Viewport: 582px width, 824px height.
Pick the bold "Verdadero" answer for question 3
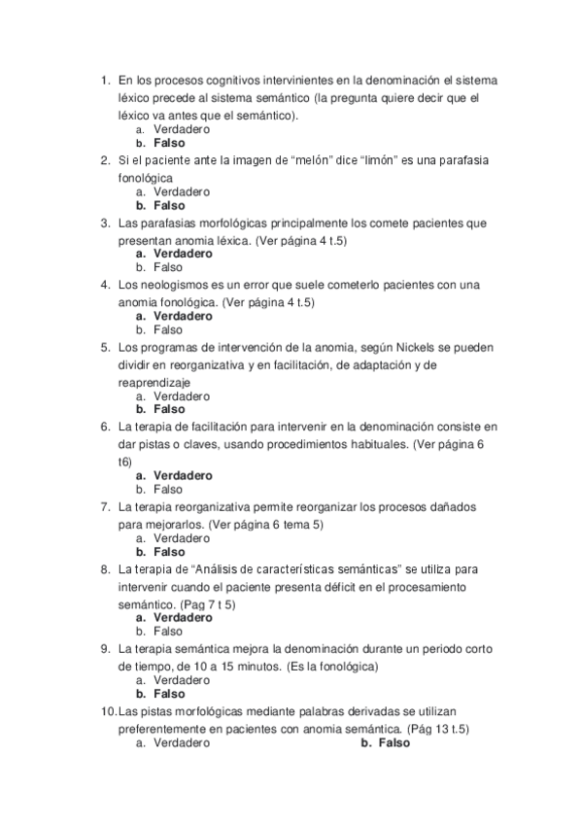pyautogui.click(x=183, y=254)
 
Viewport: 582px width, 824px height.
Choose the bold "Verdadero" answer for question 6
pyautogui.click(x=183, y=476)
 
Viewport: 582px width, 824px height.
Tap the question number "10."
pyautogui.click(x=108, y=712)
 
